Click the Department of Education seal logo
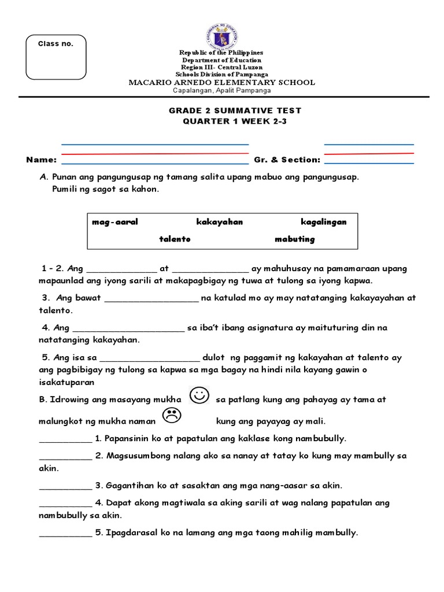(221, 36)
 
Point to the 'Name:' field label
(41, 160)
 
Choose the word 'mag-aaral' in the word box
(115, 222)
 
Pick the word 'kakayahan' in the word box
(219, 222)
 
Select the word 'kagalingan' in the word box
(323, 222)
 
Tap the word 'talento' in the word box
(175, 239)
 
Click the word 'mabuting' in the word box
(295, 239)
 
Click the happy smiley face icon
(199, 397)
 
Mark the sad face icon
(171, 415)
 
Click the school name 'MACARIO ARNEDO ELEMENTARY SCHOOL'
(221, 83)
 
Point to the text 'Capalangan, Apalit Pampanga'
(221, 91)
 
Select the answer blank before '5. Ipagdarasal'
(65, 534)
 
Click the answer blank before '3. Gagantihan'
(65, 486)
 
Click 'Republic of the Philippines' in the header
(221, 53)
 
